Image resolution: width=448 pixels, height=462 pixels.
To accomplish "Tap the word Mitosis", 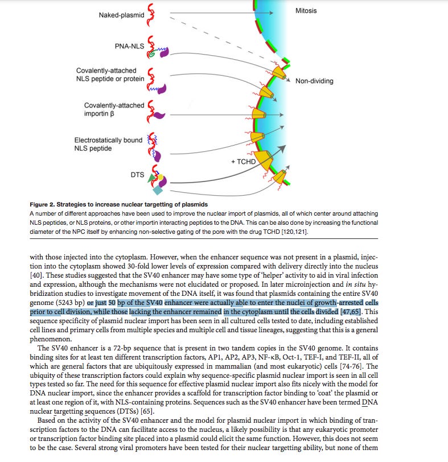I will [x=306, y=11].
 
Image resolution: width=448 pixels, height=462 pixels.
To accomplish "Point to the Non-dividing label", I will [x=314, y=81].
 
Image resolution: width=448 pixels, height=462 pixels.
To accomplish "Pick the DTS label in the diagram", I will [x=138, y=175].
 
